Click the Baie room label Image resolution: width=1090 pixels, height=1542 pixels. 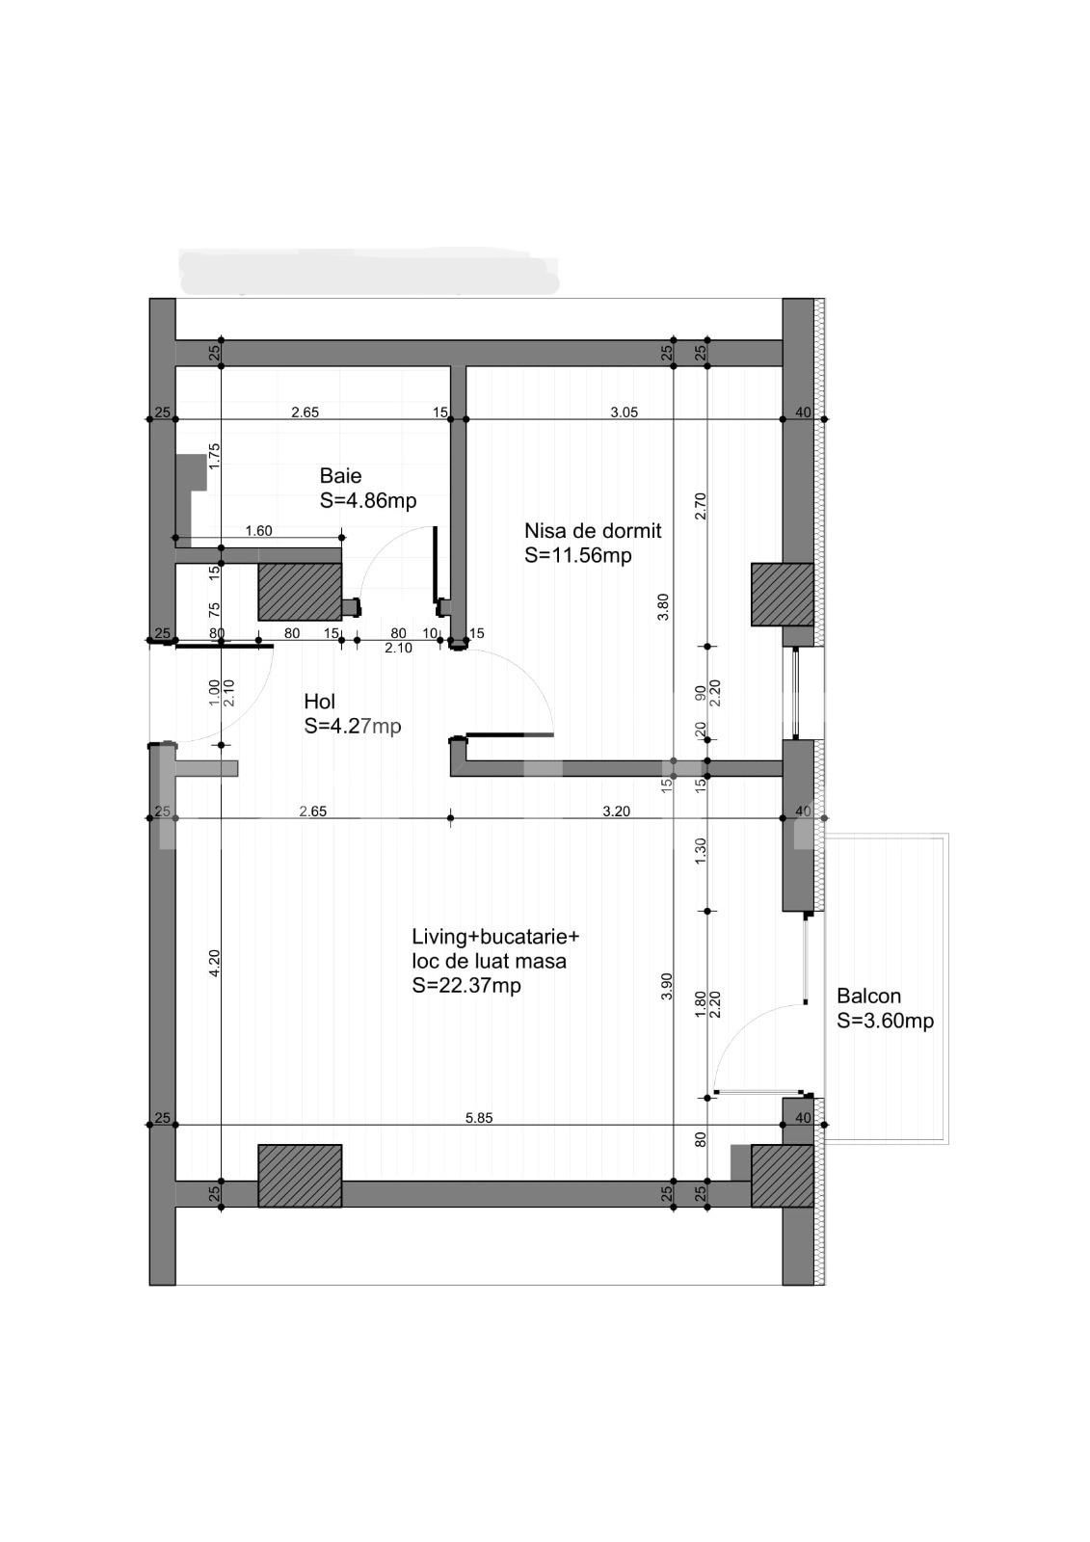(x=340, y=476)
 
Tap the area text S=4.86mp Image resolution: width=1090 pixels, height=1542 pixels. (x=367, y=501)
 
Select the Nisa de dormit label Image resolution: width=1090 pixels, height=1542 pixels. (x=593, y=531)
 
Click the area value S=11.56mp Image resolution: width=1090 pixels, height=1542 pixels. (x=577, y=556)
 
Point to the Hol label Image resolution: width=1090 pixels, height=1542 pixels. (x=319, y=702)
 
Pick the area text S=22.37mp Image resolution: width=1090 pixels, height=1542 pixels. (x=465, y=986)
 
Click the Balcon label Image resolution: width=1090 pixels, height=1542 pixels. (x=868, y=997)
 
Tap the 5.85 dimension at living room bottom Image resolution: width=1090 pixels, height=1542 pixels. (x=478, y=1118)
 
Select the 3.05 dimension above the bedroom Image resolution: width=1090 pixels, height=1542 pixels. (x=624, y=412)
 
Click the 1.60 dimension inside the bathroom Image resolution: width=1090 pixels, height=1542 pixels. (x=258, y=531)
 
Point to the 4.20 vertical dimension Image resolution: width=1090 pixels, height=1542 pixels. (x=215, y=962)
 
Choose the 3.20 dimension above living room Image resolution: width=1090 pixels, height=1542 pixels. (x=616, y=811)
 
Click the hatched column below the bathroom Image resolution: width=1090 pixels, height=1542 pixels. (x=300, y=592)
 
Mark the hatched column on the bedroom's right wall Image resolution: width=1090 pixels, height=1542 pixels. (x=782, y=595)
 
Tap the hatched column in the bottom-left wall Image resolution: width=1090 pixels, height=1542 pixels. (x=300, y=1176)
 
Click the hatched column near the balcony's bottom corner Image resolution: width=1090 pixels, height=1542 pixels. (x=782, y=1176)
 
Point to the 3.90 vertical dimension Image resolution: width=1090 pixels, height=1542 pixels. (x=667, y=986)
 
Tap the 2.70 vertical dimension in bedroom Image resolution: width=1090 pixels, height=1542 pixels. (x=701, y=506)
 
